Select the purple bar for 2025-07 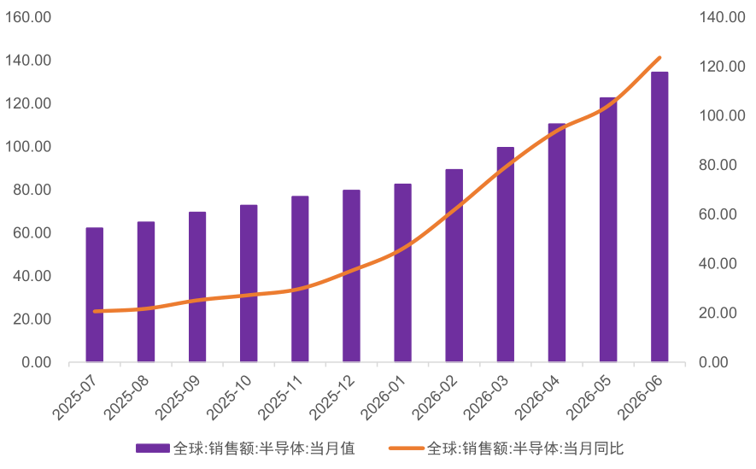tap(95, 295)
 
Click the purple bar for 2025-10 tap(249, 284)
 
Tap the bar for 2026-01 tap(402, 273)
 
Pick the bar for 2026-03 tap(506, 255)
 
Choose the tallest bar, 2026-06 tap(659, 217)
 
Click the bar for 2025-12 tap(351, 276)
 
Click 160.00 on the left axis tap(28, 17)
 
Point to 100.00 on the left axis tap(28, 147)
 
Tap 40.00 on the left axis tap(32, 276)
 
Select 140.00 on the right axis tap(722, 17)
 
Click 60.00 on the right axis tap(718, 214)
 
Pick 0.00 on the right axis tap(713, 362)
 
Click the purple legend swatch tap(152, 448)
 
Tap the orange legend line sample tap(407, 448)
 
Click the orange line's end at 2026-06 tap(659, 58)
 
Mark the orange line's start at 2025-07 tap(95, 311)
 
